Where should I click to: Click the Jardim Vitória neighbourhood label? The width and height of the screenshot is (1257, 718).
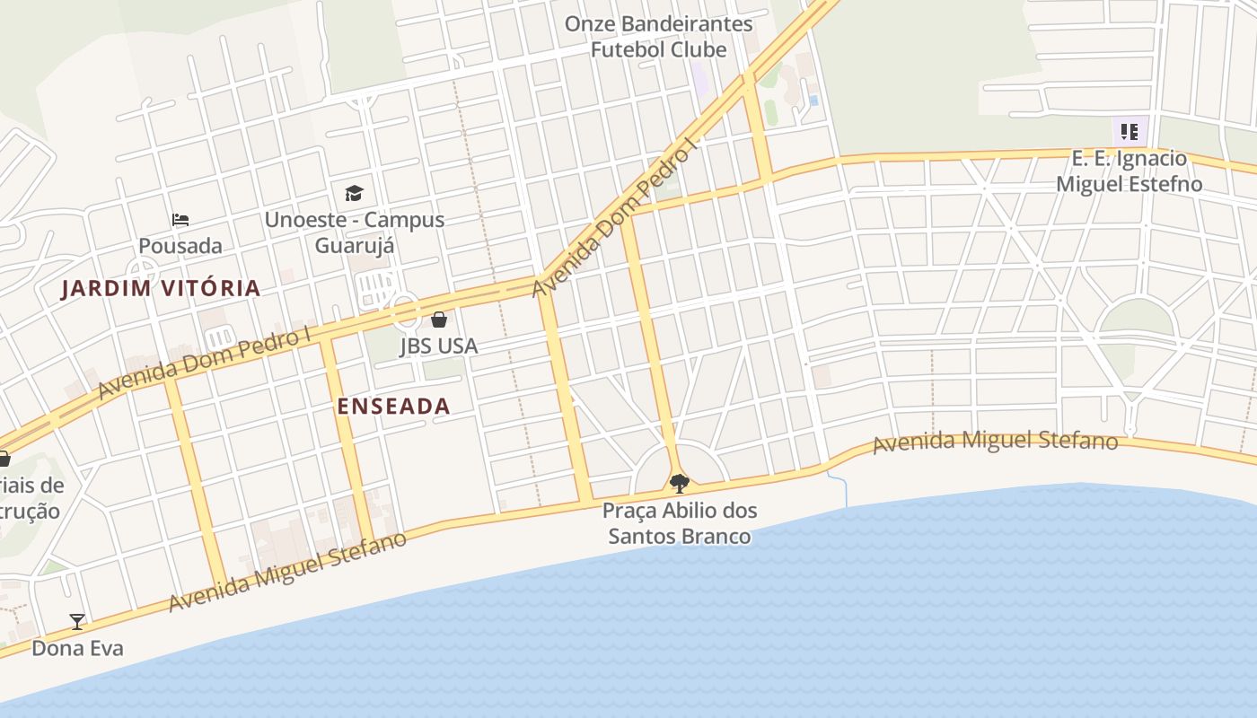161,288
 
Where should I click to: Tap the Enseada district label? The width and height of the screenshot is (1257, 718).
393,407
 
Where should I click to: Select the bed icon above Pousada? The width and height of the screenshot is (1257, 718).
180,220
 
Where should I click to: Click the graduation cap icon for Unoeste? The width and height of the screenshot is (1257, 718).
354,193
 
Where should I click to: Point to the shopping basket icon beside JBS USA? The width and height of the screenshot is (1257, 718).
439,320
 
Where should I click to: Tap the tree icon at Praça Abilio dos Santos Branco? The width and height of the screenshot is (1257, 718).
680,484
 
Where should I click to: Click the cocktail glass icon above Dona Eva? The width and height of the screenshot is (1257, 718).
77,621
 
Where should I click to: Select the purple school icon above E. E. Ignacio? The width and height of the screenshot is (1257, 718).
1129,132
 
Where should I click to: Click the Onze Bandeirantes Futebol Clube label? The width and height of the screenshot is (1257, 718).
658,37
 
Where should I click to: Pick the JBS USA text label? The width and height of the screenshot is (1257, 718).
439,346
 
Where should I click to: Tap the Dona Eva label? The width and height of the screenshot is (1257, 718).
77,648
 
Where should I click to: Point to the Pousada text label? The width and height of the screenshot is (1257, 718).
180,245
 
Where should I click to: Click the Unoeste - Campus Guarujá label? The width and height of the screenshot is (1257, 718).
354,232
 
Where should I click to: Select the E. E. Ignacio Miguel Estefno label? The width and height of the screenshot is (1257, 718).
1129,171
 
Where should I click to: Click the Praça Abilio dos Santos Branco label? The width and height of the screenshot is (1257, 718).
680,523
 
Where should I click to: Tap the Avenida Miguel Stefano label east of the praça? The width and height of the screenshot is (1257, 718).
995,442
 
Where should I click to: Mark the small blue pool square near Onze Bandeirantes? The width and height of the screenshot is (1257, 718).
813,101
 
